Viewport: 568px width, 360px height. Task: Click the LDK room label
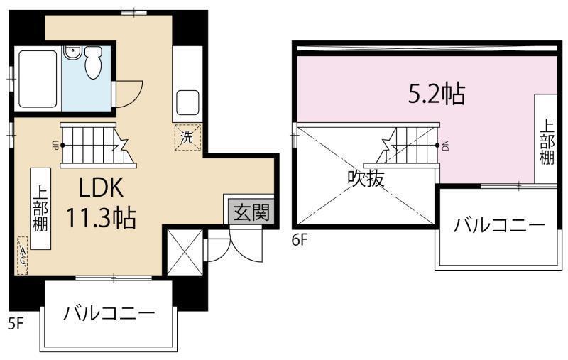[102, 188]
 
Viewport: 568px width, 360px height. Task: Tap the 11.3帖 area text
[101, 216]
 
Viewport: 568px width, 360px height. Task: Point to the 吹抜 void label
[366, 178]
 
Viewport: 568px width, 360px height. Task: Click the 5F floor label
[16, 324]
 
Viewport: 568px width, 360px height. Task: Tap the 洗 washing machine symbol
[187, 137]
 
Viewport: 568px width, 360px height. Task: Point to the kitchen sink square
[188, 104]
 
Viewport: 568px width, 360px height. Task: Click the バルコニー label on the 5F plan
[108, 313]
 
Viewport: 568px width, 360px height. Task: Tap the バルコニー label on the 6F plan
[500, 227]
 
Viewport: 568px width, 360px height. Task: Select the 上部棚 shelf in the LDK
[40, 207]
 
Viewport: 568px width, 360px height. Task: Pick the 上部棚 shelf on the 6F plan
[546, 140]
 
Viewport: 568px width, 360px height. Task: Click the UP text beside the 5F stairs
[55, 146]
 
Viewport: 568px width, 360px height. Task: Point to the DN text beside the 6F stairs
[445, 146]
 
